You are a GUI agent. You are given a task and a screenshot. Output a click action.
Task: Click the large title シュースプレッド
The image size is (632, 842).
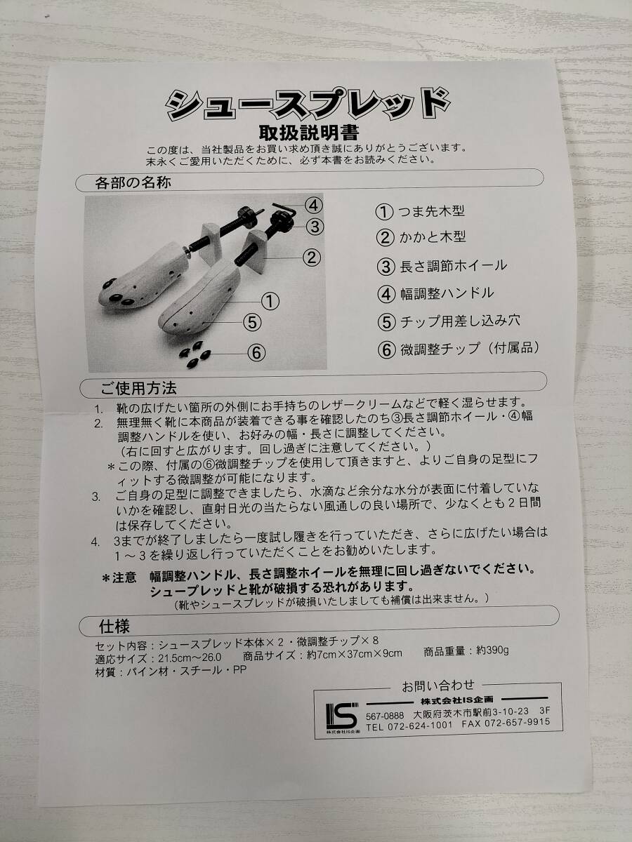click(308, 105)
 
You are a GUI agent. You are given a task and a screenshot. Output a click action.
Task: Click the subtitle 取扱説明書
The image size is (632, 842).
click(309, 133)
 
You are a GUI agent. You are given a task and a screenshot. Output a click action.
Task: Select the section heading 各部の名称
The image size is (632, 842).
click(133, 183)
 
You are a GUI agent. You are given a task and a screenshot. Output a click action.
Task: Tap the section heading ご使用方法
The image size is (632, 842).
click(138, 389)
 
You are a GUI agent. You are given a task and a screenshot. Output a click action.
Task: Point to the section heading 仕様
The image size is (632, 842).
click(114, 627)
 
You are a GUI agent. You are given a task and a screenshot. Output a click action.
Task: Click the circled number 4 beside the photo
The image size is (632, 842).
click(313, 206)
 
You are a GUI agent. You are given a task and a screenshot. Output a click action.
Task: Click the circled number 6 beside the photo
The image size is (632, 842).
click(256, 352)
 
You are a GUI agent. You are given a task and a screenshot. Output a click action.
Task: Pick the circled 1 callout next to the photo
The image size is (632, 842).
click(270, 302)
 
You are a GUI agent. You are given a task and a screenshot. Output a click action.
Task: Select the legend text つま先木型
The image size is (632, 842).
click(431, 211)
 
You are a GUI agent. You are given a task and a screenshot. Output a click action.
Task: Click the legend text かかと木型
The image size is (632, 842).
click(433, 238)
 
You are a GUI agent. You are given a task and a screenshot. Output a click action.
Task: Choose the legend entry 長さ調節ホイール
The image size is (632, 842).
click(453, 266)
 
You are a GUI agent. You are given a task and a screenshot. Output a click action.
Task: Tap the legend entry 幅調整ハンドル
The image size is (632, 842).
click(447, 294)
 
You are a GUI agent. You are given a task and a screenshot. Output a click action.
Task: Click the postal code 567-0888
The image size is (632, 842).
click(385, 716)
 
